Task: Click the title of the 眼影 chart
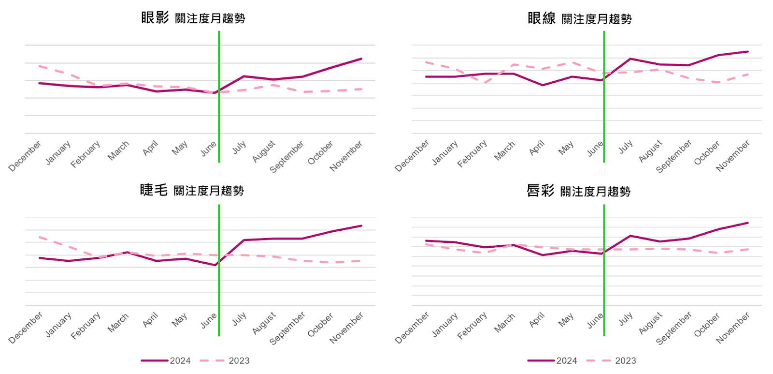coord(193,18)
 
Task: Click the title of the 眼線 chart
coord(580,18)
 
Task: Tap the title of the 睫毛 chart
coord(192,190)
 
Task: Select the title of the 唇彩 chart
coord(578,191)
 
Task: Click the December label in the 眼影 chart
coord(25,156)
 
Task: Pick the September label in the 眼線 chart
coord(674,156)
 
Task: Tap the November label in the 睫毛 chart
coord(346,328)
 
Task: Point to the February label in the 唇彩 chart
coord(472,326)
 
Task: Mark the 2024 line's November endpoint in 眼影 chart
coord(361,59)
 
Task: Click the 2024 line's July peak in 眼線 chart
coord(630,59)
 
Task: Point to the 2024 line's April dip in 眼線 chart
coord(543,85)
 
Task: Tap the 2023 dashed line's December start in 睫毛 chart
coord(40,237)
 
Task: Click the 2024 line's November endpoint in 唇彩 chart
coord(748,223)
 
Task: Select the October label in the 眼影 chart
coord(320,152)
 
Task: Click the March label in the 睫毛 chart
coord(118,323)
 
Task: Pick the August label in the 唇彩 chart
coord(651,323)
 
